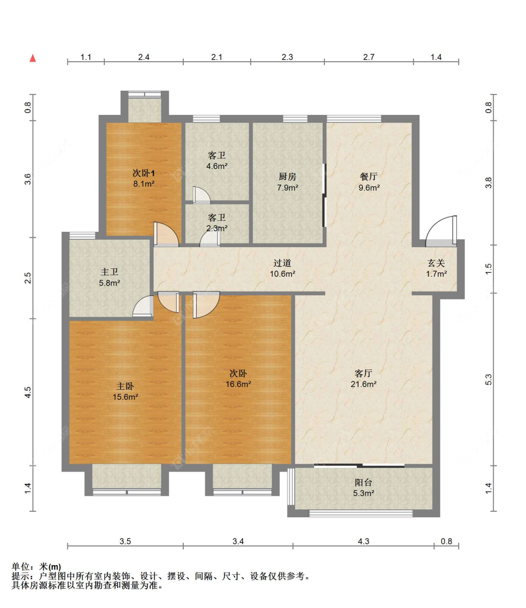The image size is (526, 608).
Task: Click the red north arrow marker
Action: tap(33, 58)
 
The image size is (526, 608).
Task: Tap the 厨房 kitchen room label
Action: tap(287, 177)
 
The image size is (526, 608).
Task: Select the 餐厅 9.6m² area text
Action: tap(369, 188)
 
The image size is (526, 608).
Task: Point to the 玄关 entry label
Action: tap(436, 263)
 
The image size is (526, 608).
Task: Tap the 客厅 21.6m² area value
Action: tap(363, 384)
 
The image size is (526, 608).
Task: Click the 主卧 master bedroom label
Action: tap(125, 386)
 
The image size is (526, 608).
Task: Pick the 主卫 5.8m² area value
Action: tap(109, 283)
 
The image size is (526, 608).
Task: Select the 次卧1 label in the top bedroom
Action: tap(144, 173)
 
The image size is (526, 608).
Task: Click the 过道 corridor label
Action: tap(282, 263)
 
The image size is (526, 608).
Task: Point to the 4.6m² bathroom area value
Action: tap(216, 166)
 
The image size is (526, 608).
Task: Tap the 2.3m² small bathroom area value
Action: tap(216, 228)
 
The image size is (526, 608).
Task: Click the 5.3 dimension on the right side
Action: tap(488, 379)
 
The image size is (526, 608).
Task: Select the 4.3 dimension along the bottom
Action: tap(363, 541)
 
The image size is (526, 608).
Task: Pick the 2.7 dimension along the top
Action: tap(368, 57)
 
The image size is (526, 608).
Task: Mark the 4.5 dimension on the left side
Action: tap(28, 392)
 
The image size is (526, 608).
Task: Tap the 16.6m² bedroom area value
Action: tap(238, 384)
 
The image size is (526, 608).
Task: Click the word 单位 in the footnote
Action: tap(21, 566)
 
